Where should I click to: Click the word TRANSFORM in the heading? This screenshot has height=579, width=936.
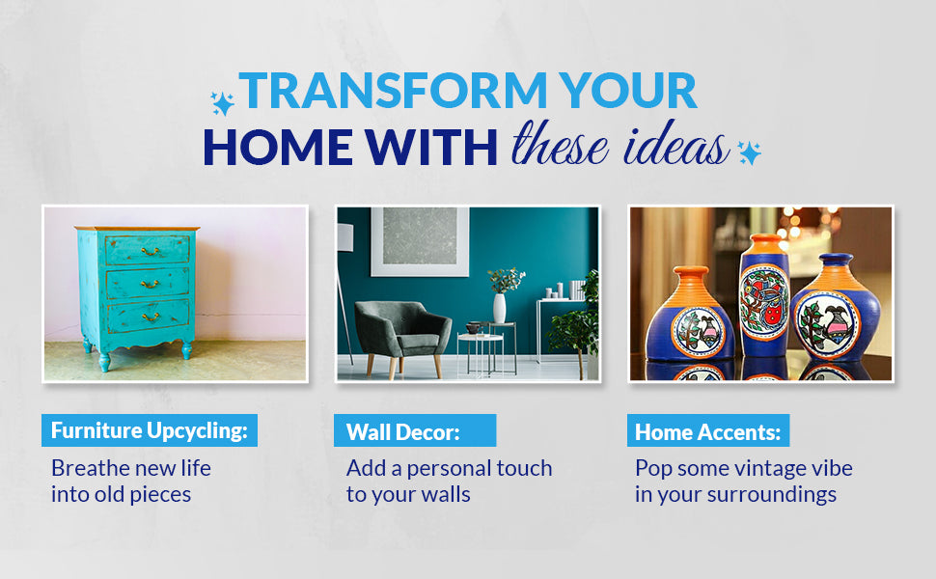[393, 90]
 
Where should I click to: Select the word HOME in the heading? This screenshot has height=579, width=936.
[278, 147]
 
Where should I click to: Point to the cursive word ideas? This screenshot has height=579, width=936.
[675, 143]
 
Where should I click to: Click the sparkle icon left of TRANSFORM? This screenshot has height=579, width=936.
[222, 103]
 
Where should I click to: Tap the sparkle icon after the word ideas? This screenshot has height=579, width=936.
[749, 152]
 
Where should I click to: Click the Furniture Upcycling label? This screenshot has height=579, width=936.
[150, 430]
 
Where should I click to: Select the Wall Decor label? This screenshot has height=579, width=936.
[415, 431]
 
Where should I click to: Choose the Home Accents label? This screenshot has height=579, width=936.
[708, 431]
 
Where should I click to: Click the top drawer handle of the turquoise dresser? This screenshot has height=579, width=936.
[150, 252]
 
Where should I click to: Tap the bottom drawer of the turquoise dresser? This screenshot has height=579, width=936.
[149, 316]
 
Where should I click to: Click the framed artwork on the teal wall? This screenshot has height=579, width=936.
[420, 242]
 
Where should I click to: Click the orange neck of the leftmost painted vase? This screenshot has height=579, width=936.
[691, 280]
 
